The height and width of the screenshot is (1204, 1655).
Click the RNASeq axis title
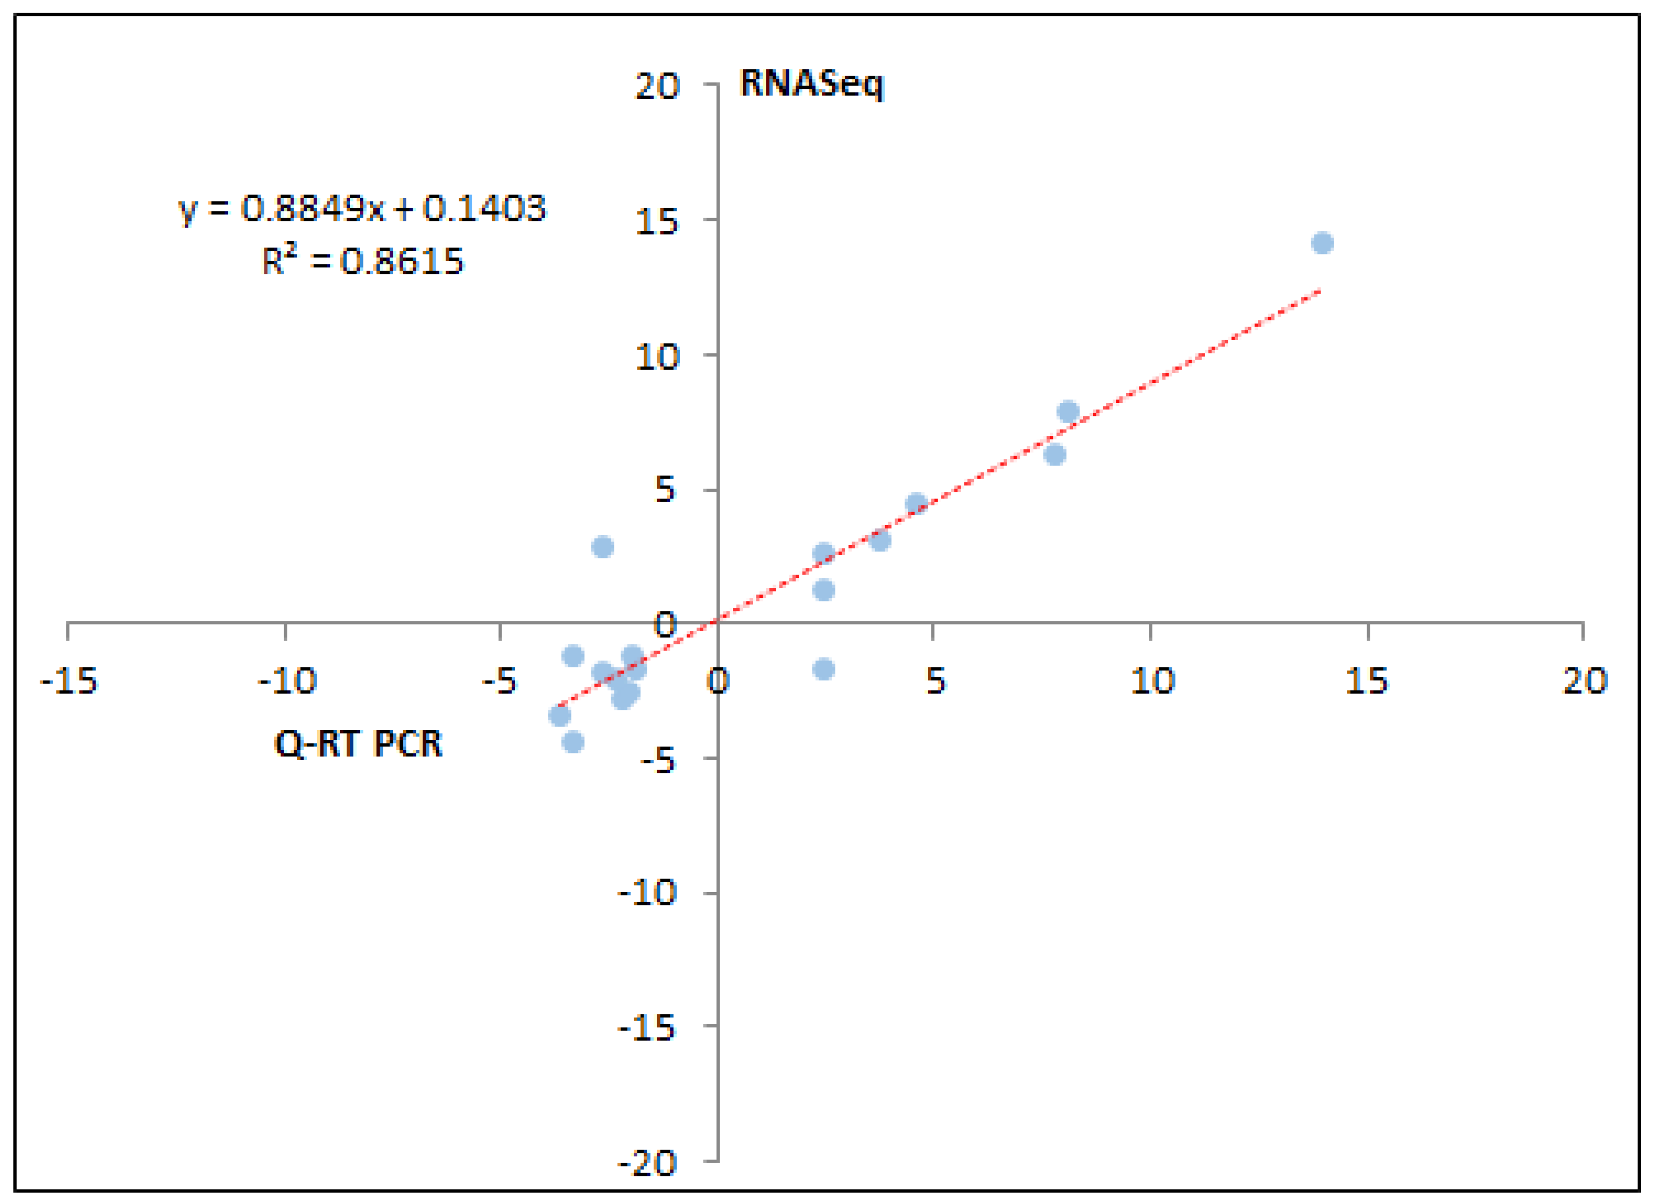811,85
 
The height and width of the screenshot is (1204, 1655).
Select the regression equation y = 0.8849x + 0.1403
362,210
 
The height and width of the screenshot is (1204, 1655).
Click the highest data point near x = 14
1322,243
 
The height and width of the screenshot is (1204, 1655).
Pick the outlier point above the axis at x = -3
602,547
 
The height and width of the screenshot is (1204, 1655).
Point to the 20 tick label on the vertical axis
657,87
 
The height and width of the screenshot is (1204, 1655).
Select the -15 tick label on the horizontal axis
68,682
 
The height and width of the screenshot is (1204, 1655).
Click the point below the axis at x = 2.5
824,669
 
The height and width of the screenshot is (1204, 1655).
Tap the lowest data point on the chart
573,743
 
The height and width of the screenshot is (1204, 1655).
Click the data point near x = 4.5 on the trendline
916,504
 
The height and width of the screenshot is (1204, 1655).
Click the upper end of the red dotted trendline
1318,291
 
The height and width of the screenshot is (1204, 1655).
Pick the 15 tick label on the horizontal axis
1366,682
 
